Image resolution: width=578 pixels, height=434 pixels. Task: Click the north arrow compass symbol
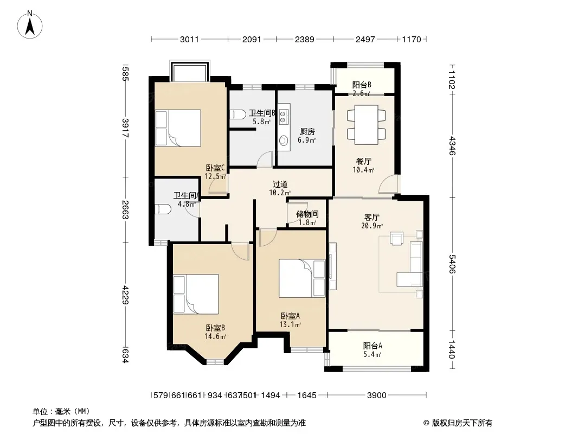30,24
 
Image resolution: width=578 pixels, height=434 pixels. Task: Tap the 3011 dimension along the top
189,39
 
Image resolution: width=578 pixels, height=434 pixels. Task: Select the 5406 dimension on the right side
452,264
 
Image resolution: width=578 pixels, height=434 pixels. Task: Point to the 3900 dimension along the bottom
376,395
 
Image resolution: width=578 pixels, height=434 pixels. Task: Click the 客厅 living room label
371,217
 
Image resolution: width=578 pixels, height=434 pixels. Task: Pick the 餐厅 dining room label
363,161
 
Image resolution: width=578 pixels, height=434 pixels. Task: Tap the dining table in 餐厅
367,125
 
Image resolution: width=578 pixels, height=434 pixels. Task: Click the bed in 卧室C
178,128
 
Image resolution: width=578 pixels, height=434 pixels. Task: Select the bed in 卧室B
196,294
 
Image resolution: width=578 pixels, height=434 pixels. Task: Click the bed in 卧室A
302,278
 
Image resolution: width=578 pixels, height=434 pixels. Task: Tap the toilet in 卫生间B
238,114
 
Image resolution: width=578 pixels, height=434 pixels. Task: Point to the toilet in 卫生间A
163,209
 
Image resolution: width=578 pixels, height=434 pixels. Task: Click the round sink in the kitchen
284,140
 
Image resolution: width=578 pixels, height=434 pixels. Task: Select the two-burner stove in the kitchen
283,116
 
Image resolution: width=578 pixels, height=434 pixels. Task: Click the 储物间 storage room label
307,214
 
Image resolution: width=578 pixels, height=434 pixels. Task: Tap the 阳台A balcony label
373,346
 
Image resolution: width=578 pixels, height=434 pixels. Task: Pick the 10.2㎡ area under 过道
280,193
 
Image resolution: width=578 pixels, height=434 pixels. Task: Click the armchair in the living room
397,238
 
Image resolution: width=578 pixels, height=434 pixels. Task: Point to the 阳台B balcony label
362,85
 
